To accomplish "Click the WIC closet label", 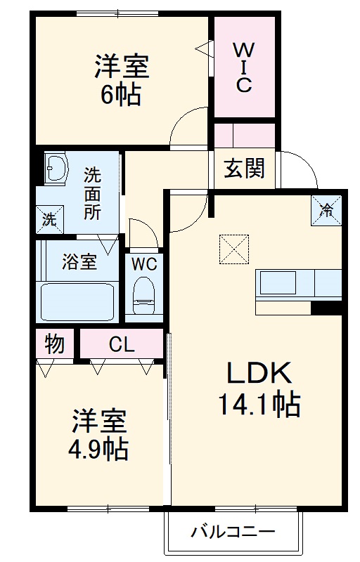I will point(243,67).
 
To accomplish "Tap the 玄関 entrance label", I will point(245,169).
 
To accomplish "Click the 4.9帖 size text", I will point(99,448).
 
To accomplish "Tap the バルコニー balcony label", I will point(233,531).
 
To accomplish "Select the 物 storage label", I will point(55,344).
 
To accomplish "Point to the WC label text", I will point(145,265).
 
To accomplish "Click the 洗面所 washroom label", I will point(93,193).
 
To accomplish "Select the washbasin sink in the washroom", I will point(56,169).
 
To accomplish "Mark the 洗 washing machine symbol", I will point(49,218).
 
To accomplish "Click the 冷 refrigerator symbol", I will point(327,208).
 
